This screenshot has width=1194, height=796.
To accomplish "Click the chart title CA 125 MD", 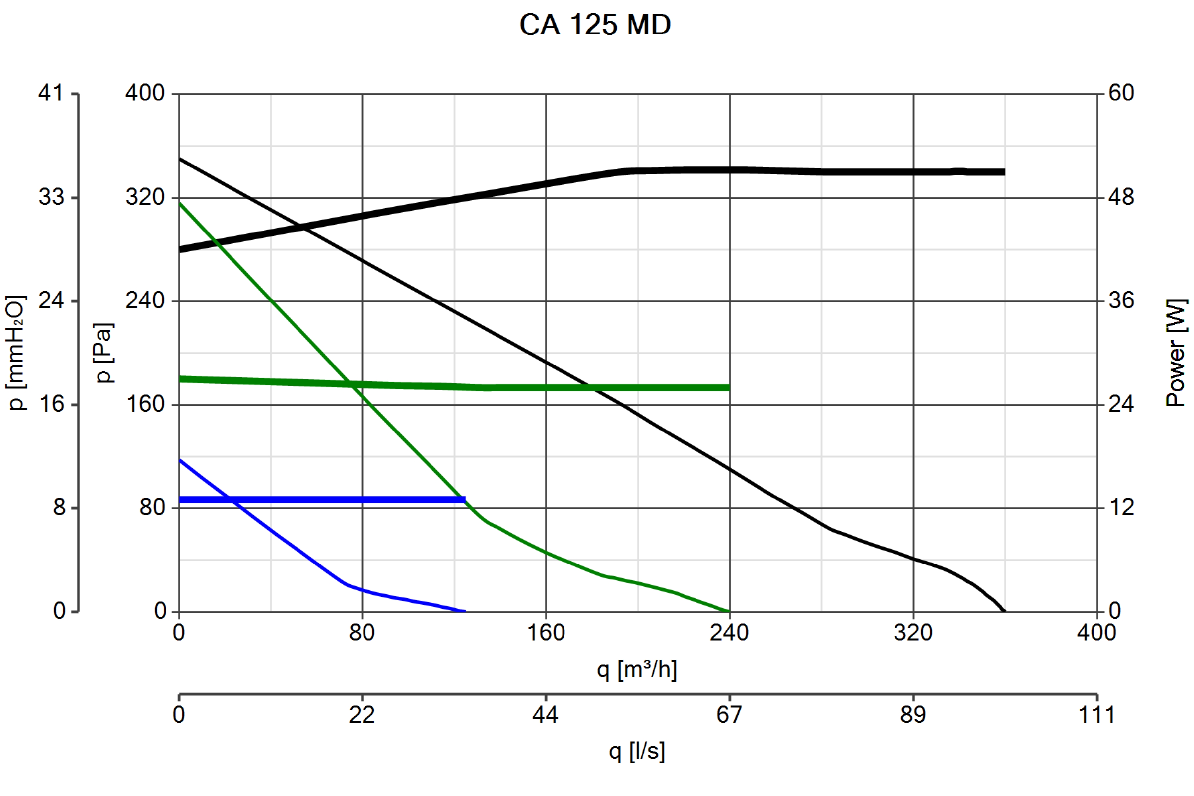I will [595, 24].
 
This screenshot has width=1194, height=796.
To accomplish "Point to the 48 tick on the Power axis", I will [1121, 197].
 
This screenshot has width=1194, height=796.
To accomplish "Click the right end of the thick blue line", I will [465, 500].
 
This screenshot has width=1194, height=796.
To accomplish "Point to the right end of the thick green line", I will [729, 388].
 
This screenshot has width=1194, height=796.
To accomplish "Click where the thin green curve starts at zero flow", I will [180, 204].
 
